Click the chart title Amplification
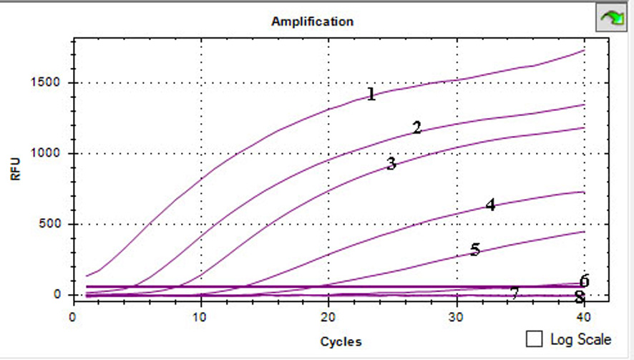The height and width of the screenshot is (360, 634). tap(312, 21)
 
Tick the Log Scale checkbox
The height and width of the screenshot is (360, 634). tap(534, 339)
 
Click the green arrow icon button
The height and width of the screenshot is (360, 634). tap(611, 18)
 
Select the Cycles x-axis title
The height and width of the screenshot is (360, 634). tap(341, 341)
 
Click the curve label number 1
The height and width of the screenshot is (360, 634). tap(371, 94)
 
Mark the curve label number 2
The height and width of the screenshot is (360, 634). tap(416, 128)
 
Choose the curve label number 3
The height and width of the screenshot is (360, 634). tap(391, 164)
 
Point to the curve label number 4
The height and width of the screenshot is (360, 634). tap(490, 205)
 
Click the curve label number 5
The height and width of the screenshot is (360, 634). tap(475, 250)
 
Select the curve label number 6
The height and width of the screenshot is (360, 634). tap(584, 281)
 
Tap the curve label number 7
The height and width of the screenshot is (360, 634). tap(514, 293)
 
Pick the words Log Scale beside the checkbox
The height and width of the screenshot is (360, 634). tap(581, 339)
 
